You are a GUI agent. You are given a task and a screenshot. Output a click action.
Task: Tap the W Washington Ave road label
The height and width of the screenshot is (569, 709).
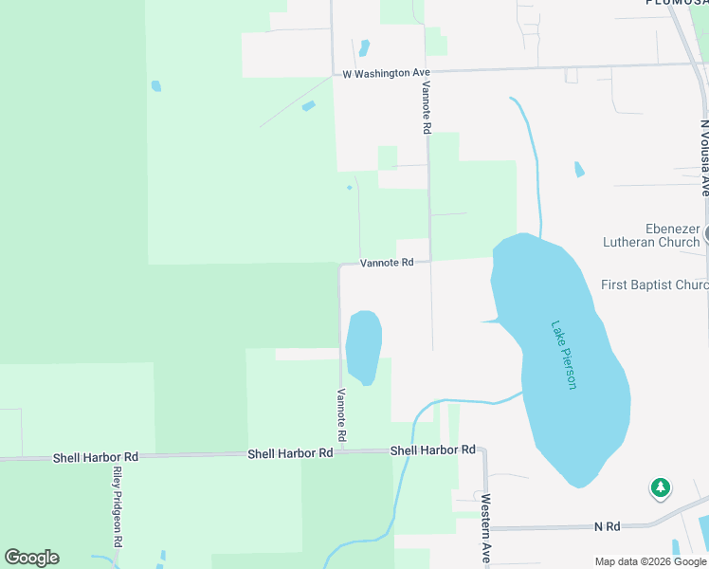coord(387,73)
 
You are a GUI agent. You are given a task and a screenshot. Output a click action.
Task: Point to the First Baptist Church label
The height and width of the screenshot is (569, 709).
coord(655,284)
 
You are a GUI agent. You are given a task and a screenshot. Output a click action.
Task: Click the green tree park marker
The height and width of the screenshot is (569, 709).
coord(660,488)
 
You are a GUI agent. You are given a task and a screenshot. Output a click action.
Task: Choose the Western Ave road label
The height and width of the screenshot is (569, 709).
coord(484,529)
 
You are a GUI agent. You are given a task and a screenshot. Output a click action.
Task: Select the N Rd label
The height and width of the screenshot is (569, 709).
coord(607,525)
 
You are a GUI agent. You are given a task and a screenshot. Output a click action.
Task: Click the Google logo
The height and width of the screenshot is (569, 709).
coord(32,558)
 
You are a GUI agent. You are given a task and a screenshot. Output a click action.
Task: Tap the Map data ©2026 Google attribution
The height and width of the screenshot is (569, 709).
coord(651,561)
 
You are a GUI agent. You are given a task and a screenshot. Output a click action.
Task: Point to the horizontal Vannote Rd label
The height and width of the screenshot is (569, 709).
coord(387,263)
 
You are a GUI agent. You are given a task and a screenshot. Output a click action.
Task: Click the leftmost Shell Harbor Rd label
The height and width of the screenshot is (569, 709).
coord(95,457)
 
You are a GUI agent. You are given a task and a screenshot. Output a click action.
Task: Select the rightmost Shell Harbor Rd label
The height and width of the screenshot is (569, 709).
coord(432,450)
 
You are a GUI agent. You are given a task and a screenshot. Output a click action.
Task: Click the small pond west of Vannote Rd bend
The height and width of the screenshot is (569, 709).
coord(349,188)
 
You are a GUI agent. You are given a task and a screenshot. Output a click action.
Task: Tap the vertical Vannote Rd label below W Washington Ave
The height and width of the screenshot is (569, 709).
coord(427,105)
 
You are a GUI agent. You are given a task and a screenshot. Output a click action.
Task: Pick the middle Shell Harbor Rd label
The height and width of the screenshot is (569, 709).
coord(290,453)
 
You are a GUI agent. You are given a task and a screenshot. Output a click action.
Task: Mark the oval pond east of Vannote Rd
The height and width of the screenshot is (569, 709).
coord(363,346)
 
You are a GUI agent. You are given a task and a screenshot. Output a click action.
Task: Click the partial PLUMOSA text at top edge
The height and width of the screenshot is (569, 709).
coord(677,3)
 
